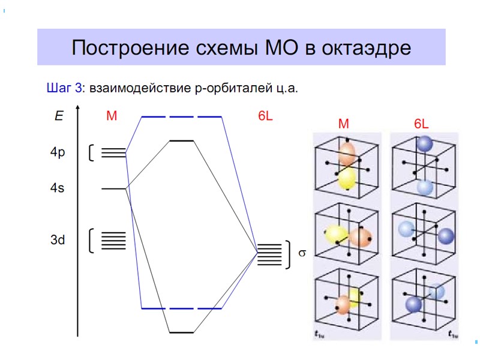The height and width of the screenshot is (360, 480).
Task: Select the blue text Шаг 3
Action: pyautogui.click(x=64, y=88)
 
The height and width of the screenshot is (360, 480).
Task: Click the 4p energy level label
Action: pyautogui.click(x=58, y=152)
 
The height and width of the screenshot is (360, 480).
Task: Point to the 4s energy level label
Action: pyautogui.click(x=58, y=188)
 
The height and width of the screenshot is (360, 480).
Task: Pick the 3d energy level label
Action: pyautogui.click(x=58, y=240)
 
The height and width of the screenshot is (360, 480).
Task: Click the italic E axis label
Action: pyautogui.click(x=59, y=116)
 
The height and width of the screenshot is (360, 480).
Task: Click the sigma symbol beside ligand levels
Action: pyautogui.click(x=302, y=253)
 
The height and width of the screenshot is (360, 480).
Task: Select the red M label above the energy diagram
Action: pyautogui.click(x=112, y=116)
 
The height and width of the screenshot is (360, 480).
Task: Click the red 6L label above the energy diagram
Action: pyautogui.click(x=265, y=116)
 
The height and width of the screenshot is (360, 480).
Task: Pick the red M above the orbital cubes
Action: pyautogui.click(x=343, y=124)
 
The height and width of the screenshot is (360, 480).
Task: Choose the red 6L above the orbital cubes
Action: pyautogui.click(x=421, y=124)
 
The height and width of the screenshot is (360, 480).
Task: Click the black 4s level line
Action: pyautogui.click(x=113, y=188)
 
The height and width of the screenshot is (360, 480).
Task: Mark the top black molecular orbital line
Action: pyautogui.click(x=182, y=140)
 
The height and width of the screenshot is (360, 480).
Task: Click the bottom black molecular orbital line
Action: pyautogui.click(x=181, y=332)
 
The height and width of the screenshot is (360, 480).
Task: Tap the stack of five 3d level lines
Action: pyautogui.click(x=113, y=240)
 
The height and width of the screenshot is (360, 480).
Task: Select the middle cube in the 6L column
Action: pyautogui.click(x=424, y=235)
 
